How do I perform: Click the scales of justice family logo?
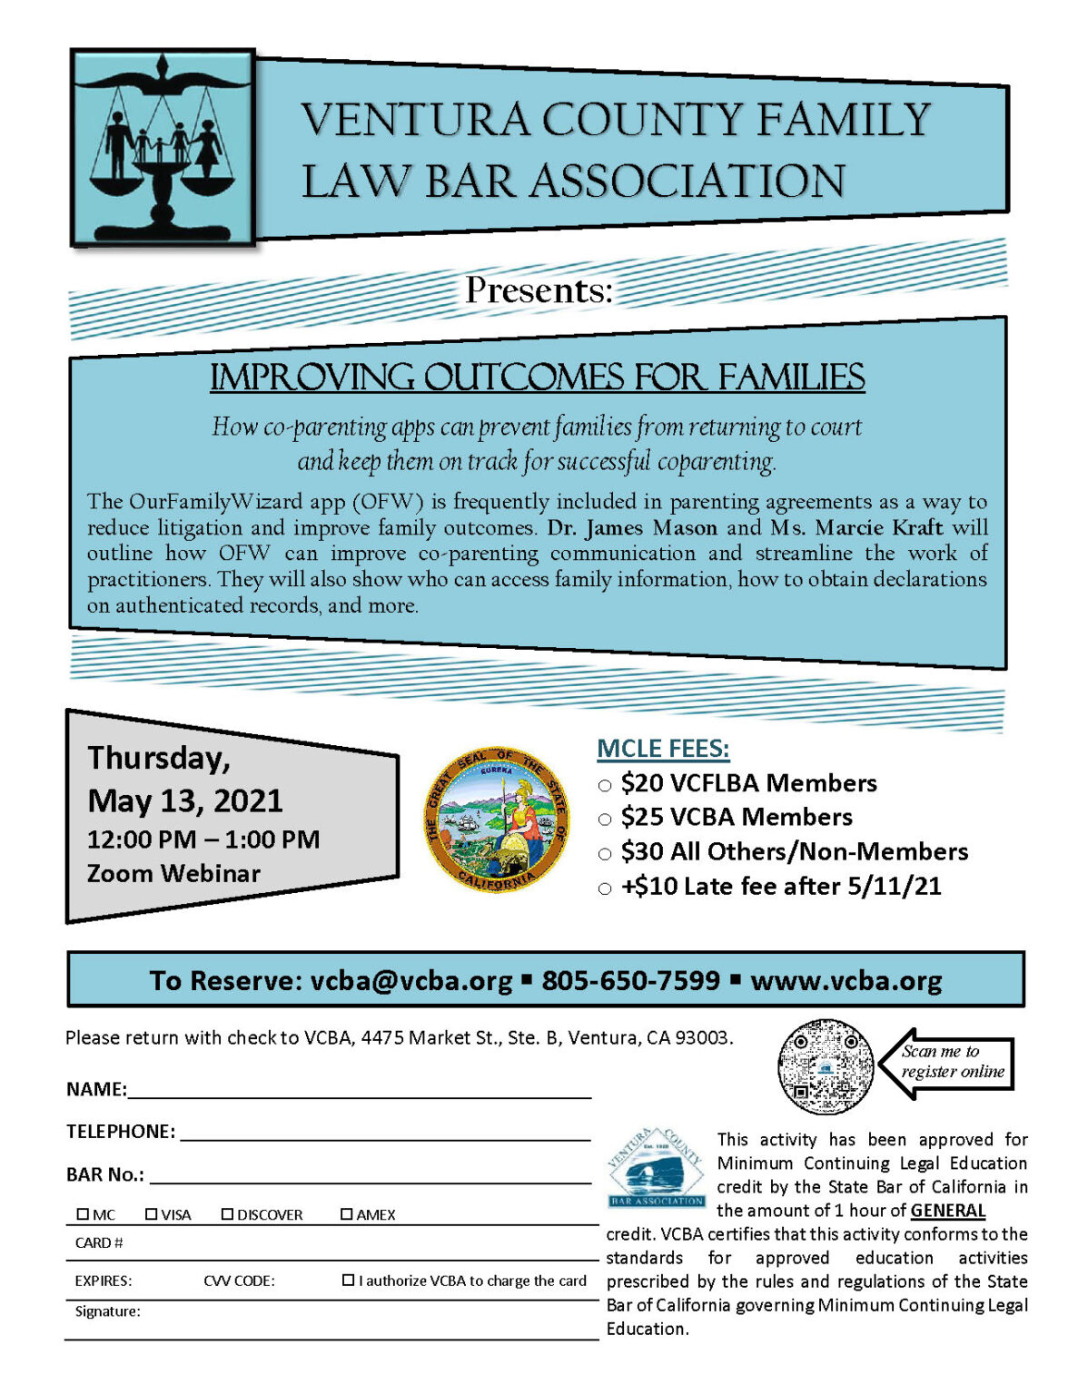click(163, 147)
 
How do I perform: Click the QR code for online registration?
click(825, 1066)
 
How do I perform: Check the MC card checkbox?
click(83, 1214)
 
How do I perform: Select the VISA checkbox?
click(152, 1214)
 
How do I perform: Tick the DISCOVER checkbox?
click(227, 1214)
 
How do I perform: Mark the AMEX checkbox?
click(346, 1214)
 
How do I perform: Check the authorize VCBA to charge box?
click(348, 1281)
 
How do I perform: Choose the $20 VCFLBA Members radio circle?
click(605, 785)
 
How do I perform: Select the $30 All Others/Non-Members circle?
click(605, 854)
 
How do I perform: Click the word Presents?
click(539, 290)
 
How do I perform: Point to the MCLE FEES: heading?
click(663, 749)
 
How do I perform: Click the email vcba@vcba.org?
click(411, 981)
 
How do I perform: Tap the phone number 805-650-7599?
click(630, 981)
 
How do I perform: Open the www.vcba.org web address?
click(846, 981)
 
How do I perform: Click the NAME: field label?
click(96, 1089)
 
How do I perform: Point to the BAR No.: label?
click(105, 1174)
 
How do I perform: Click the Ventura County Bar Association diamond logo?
click(656, 1168)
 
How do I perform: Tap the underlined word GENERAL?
click(947, 1211)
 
